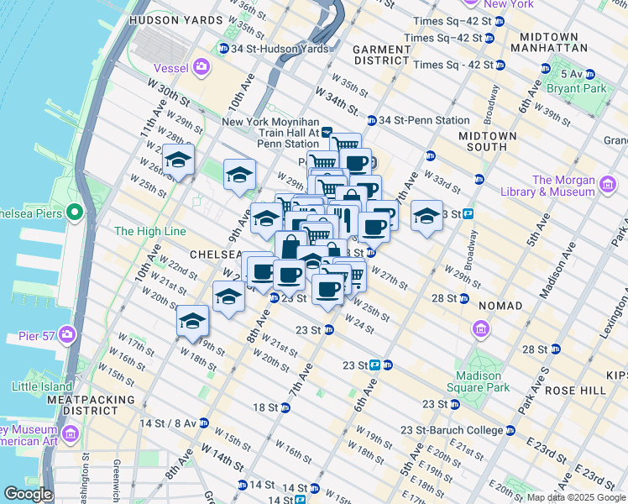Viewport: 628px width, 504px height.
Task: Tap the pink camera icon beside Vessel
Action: coord(201,66)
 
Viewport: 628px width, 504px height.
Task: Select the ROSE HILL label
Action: coord(575,391)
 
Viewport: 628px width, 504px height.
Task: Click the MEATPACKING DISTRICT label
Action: coord(82,405)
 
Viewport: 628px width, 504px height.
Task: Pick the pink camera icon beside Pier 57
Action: coord(66,336)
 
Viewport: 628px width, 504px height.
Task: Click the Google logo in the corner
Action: coord(28,494)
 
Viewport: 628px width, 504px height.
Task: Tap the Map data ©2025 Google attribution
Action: coord(575,497)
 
